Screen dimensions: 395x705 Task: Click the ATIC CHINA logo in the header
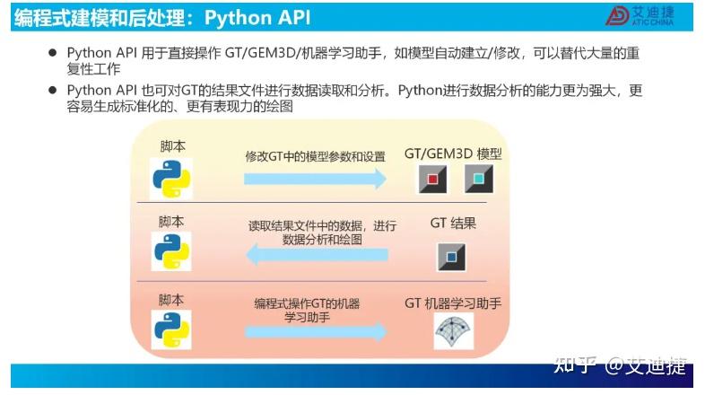tap(640, 14)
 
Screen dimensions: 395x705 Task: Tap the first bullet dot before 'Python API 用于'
tap(53, 54)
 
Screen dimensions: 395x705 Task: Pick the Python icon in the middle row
tap(171, 252)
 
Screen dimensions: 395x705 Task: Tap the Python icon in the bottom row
tap(171, 329)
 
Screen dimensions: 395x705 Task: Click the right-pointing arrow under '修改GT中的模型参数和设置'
tap(315, 179)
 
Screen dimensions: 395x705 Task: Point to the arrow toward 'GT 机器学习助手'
tap(315, 331)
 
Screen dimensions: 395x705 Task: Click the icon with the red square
tap(434, 180)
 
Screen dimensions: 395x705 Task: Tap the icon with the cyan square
tap(479, 180)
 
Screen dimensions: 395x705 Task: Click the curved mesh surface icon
tap(453, 331)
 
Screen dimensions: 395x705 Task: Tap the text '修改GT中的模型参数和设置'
tap(315, 156)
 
